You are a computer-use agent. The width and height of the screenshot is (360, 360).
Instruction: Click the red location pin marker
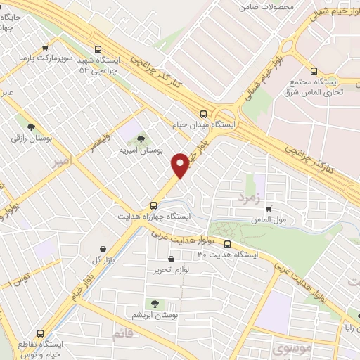tap(181, 165)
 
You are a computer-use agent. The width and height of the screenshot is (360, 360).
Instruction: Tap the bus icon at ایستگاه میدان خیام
tap(204, 113)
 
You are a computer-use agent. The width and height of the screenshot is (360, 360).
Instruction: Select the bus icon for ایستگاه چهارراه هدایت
tap(153, 205)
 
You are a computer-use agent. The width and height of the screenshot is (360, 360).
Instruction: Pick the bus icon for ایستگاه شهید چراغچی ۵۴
tap(98, 49)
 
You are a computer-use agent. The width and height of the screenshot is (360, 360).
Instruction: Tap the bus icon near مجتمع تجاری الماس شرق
tap(314, 71)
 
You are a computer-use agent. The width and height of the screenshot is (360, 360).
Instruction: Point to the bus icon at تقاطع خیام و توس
tap(39, 333)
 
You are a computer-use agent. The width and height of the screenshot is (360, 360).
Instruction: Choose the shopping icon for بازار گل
tap(104, 249)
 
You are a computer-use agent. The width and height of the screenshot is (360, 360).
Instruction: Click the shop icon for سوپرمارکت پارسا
tap(45, 48)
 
